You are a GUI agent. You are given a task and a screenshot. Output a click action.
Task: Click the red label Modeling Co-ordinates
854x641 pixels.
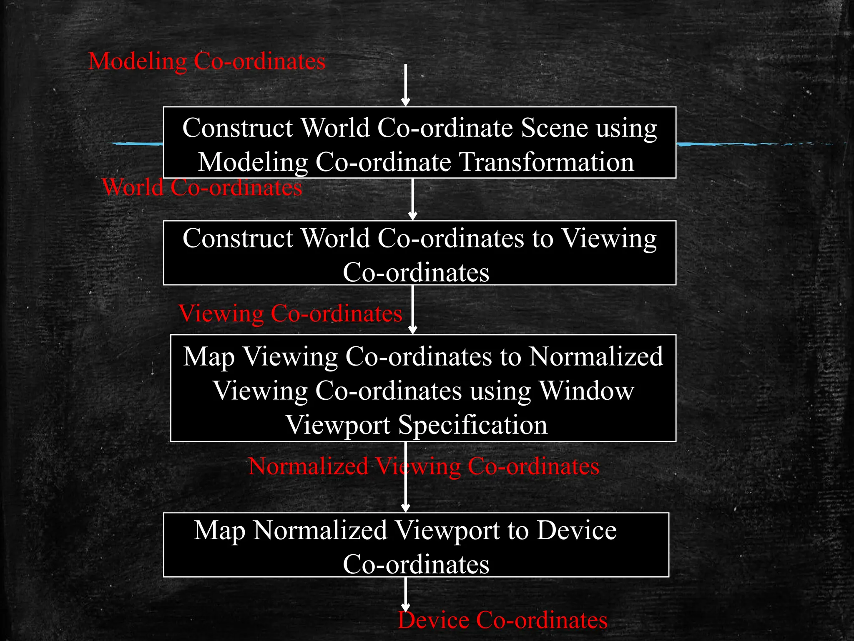pos(207,61)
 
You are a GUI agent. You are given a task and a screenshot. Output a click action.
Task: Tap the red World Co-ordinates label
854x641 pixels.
pos(202,187)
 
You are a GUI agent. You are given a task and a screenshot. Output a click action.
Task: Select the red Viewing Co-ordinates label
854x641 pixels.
pos(290,313)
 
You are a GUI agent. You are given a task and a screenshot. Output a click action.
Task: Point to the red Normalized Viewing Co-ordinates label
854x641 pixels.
pos(424,466)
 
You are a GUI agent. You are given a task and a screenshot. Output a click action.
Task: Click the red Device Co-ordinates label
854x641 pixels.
pos(502,620)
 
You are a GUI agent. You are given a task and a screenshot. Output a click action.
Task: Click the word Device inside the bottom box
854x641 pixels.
pos(576,530)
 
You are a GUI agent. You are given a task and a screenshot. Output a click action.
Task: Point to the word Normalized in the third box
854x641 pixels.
pos(596,357)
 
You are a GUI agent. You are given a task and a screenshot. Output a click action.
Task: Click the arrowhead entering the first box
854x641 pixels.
pos(405,102)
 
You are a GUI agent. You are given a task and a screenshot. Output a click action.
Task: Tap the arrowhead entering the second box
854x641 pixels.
pos(413,216)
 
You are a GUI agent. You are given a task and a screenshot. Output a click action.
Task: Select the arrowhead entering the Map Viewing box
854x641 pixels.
pos(413,330)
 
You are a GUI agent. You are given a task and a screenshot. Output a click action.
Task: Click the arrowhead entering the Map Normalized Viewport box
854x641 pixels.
pos(405,507)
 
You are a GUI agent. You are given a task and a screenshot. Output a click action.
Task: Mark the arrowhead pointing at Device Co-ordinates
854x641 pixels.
pos(405,608)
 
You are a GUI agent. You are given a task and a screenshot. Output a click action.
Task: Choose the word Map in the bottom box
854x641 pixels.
pos(219,531)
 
